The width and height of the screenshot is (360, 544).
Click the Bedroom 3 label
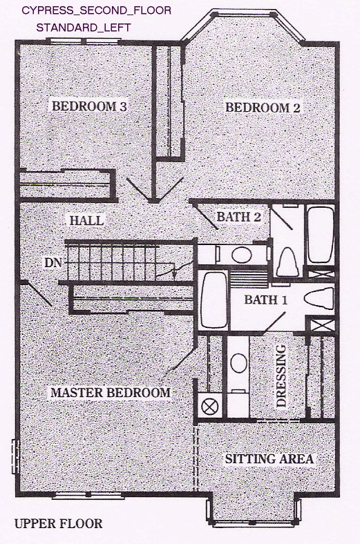(x=89, y=106)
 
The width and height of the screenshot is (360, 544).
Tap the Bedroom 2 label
(x=263, y=108)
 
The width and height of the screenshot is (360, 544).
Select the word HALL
(x=87, y=221)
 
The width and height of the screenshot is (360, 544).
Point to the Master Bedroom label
(x=111, y=393)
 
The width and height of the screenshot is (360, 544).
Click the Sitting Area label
(x=269, y=459)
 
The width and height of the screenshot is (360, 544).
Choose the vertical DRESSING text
(x=281, y=376)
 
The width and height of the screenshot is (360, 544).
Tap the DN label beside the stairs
(x=53, y=263)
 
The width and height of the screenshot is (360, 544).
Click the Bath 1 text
(x=266, y=300)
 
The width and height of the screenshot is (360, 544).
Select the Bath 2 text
(x=238, y=217)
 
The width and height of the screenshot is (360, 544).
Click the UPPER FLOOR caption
(x=59, y=523)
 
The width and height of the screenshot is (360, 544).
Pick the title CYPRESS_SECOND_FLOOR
(x=97, y=10)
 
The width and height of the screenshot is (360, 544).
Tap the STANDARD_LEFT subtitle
(x=84, y=28)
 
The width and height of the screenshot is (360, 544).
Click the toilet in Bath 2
(x=290, y=262)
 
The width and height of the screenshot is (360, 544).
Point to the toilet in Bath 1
(x=319, y=298)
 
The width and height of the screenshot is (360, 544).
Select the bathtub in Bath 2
(x=321, y=235)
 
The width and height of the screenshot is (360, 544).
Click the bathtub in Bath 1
(x=214, y=300)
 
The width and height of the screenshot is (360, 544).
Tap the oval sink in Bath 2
(x=242, y=255)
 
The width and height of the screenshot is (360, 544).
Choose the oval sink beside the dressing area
(x=239, y=363)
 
